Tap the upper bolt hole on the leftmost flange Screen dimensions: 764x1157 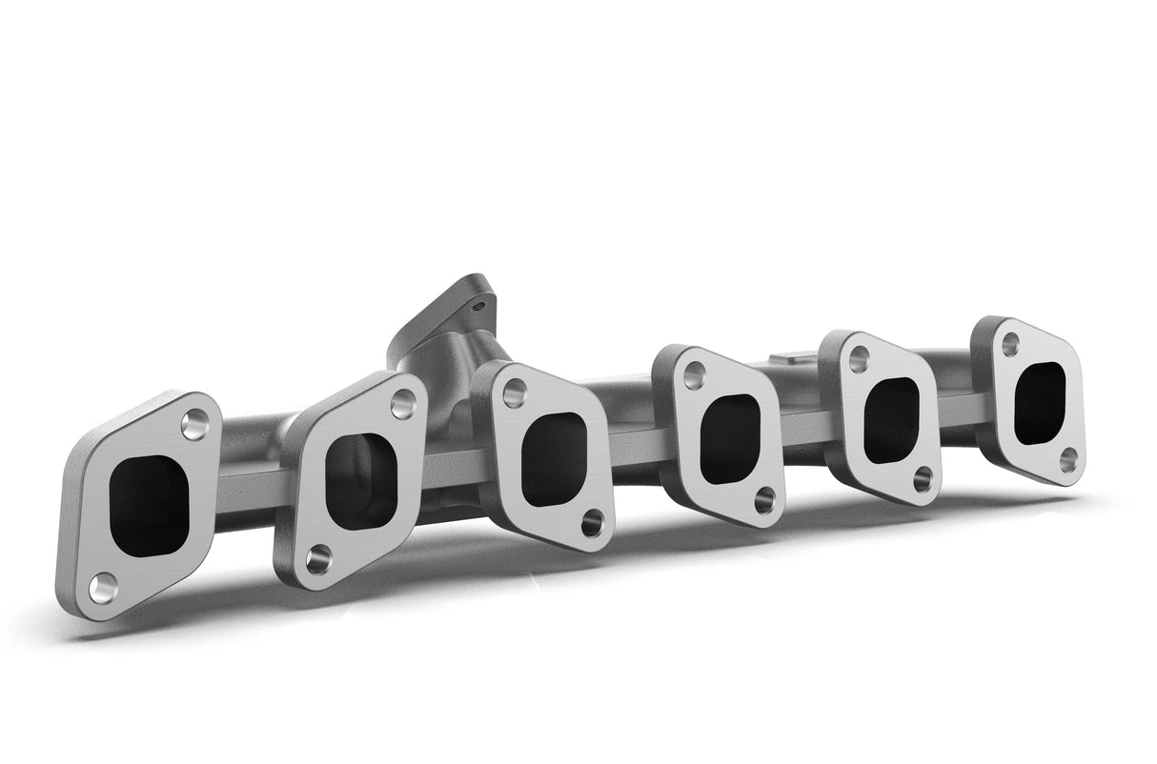coord(194,424)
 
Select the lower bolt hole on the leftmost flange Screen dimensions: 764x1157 coord(103,587)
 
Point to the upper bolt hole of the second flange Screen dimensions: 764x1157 coord(403,404)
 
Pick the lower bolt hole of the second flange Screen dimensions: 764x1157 coord(318,559)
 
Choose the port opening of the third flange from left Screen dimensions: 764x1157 coord(553,458)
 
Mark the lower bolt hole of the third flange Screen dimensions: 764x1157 coord(593,522)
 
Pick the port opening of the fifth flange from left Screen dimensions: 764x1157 coord(891,420)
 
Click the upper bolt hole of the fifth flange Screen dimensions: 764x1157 coord(859,359)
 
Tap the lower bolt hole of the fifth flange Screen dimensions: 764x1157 coord(923,478)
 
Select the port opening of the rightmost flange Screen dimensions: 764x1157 coord(1040,403)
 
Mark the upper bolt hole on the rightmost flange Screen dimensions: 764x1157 coord(1011,344)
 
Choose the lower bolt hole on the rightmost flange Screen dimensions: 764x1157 coord(1068,460)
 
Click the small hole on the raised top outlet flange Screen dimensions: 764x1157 coord(479,306)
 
